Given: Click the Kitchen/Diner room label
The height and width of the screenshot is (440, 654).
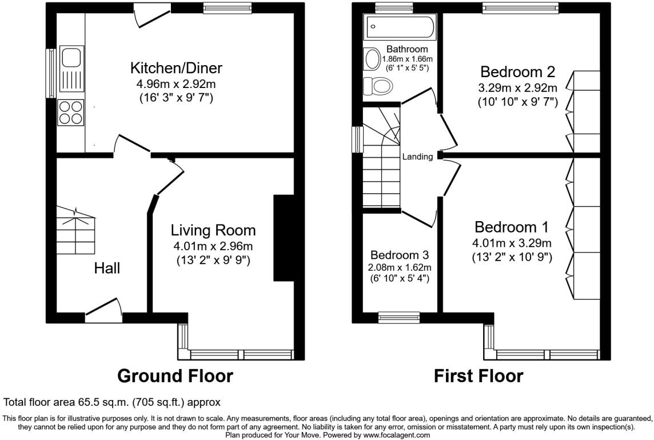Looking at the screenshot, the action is coord(176,67).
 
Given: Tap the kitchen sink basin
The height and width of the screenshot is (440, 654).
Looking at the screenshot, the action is coord(71,57).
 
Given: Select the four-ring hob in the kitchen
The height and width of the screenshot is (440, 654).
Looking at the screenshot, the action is coord(71,112).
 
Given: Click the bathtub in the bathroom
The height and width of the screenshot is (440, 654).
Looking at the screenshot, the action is coord(400,27).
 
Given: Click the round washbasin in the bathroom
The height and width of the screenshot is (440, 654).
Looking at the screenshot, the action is coord(372,59).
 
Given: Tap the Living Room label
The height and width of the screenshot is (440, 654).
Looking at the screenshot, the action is coord(213,230).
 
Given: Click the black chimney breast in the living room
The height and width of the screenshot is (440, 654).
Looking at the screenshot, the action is coord(284,238).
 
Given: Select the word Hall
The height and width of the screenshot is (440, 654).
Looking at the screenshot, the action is coord(107,268).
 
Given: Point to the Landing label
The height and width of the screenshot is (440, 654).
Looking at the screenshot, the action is coord(417,157).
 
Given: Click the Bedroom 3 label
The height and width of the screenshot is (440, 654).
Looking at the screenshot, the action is coord(400,255).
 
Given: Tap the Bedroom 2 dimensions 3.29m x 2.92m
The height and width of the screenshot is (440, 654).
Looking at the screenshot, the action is coord(517,88).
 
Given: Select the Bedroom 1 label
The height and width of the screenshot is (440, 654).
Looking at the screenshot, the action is coord(512,227).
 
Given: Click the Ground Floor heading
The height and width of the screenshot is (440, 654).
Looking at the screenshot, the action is coord(175,376).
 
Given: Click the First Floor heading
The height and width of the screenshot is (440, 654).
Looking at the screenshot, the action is coord(478,376).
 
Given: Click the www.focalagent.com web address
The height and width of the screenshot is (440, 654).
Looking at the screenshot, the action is coord(396,435).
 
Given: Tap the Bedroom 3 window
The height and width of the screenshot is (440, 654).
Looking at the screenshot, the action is coord(399,317).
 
